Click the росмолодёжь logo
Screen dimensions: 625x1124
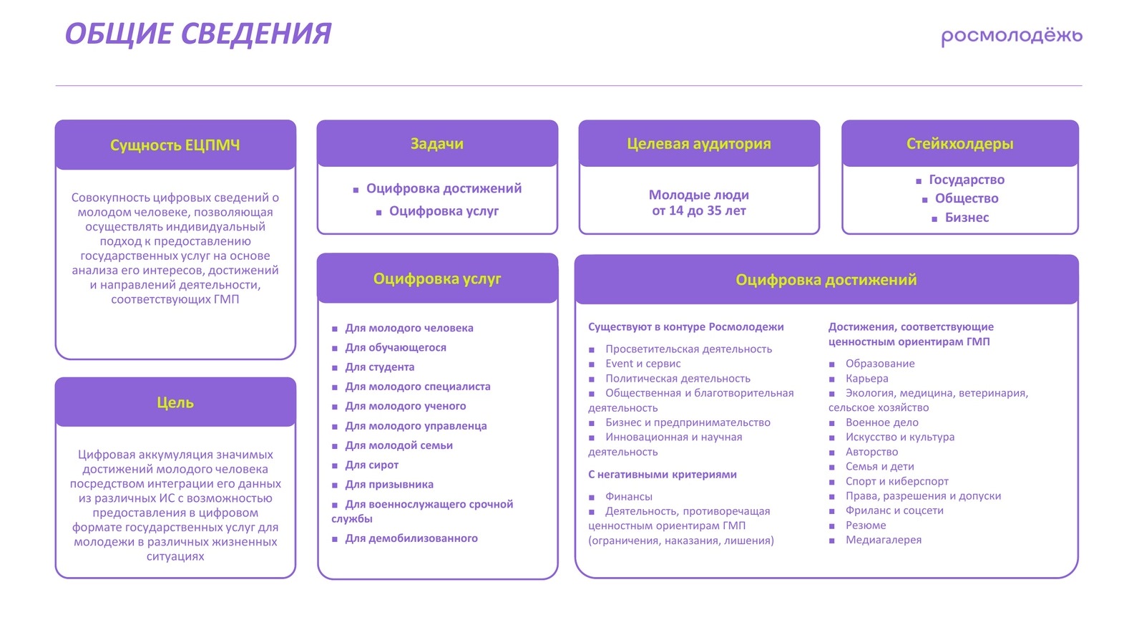[1011, 36]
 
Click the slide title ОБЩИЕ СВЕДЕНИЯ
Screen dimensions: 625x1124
[198, 34]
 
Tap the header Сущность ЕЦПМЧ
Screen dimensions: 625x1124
[175, 145]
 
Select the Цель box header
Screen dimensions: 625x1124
[175, 402]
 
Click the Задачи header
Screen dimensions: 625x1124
[437, 144]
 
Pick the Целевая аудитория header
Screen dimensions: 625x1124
[699, 144]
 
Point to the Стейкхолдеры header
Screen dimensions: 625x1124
[959, 144]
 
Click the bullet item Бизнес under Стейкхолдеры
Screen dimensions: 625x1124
[967, 218]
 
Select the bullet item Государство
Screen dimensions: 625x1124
[966, 180]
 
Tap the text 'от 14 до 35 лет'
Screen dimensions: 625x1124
[699, 211]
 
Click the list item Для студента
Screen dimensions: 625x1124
[380, 367]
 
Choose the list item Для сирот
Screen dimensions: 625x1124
[372, 465]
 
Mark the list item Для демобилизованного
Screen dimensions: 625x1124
[411, 538]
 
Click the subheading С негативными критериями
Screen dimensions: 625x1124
[663, 475]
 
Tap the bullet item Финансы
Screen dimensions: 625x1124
[629, 497]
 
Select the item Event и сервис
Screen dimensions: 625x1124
[643, 364]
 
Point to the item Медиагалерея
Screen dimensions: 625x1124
[884, 541]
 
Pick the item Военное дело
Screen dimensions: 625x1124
[882, 423]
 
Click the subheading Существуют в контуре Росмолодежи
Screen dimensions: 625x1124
[686, 327]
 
